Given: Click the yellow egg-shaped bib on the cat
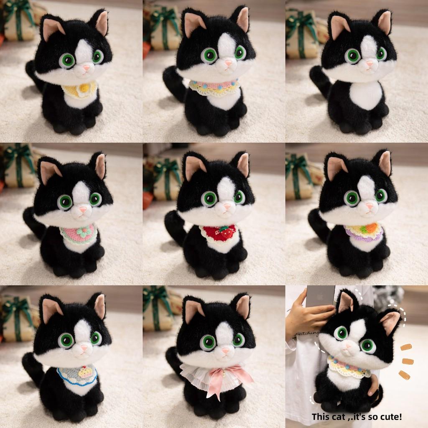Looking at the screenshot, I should (80, 89).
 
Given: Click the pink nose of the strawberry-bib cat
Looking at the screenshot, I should (227, 206).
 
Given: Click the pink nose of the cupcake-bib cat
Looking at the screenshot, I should (84, 348).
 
